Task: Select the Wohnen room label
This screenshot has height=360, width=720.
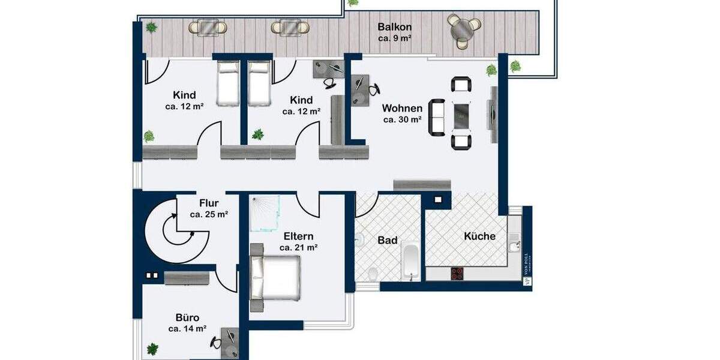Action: tap(402, 109)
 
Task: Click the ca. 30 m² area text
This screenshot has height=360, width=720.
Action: tap(402, 119)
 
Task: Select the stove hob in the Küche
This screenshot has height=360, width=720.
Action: tap(457, 273)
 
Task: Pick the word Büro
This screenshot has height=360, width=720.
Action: tap(187, 317)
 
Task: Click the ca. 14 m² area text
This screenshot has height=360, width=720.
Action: tap(187, 329)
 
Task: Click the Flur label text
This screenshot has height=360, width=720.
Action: tap(208, 203)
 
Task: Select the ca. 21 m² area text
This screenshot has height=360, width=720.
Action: tap(298, 247)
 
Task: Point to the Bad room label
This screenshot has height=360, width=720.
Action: tap(387, 240)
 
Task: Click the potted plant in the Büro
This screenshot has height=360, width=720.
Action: tap(153, 349)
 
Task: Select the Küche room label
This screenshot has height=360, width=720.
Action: tap(479, 236)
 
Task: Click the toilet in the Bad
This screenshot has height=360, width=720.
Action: tap(373, 274)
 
